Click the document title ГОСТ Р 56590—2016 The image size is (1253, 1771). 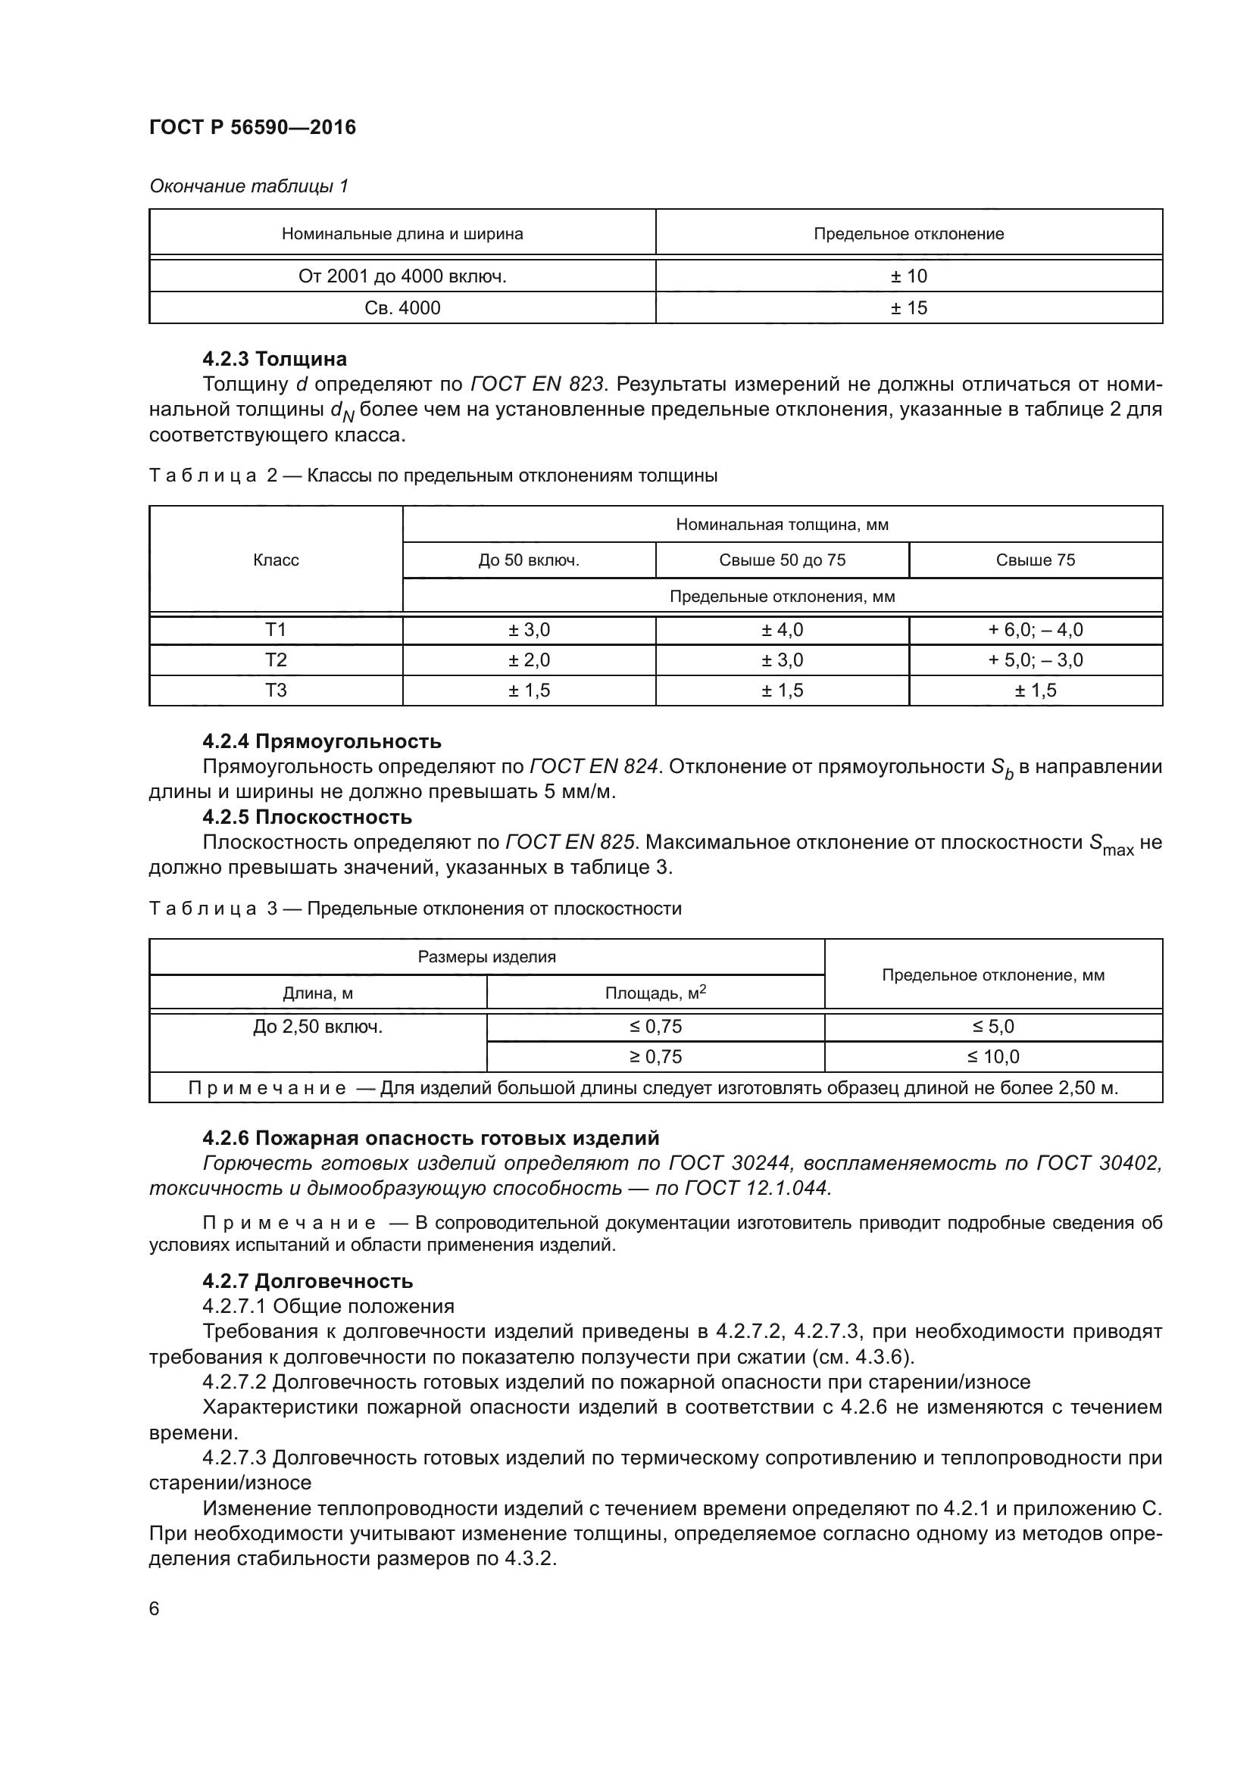coord(252,127)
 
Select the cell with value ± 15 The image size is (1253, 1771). coord(908,307)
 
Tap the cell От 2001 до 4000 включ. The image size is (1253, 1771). coord(402,276)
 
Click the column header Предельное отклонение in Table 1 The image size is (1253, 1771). coord(908,234)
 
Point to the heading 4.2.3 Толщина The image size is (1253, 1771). coord(274,359)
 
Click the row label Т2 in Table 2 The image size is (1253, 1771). coord(276,659)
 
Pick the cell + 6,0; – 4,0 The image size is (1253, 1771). coord(1035,629)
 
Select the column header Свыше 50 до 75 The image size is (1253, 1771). coord(782,560)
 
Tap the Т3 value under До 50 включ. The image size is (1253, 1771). coord(529,691)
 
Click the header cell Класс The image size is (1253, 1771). coord(276,560)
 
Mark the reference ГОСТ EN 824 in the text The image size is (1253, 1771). coord(594,766)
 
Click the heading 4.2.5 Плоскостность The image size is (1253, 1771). coord(306,817)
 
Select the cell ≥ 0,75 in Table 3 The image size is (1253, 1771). coord(655,1056)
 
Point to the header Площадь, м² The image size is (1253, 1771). coord(655,993)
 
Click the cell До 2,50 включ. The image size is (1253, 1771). coord(317,1027)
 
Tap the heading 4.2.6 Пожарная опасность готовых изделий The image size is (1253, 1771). coord(430,1138)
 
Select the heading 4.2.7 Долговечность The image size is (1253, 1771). coord(307,1281)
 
